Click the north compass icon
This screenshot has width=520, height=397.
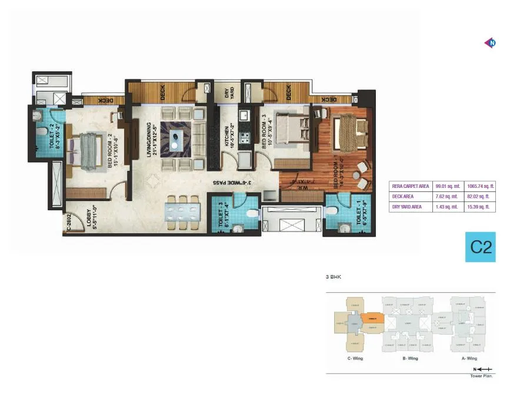[490, 42]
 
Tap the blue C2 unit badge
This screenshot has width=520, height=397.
[481, 247]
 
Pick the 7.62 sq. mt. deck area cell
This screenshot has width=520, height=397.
[446, 197]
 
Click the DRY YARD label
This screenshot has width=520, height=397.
[229, 94]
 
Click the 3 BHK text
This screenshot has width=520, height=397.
[333, 276]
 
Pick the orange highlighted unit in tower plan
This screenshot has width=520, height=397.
[372, 318]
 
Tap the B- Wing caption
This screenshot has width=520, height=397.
[409, 358]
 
